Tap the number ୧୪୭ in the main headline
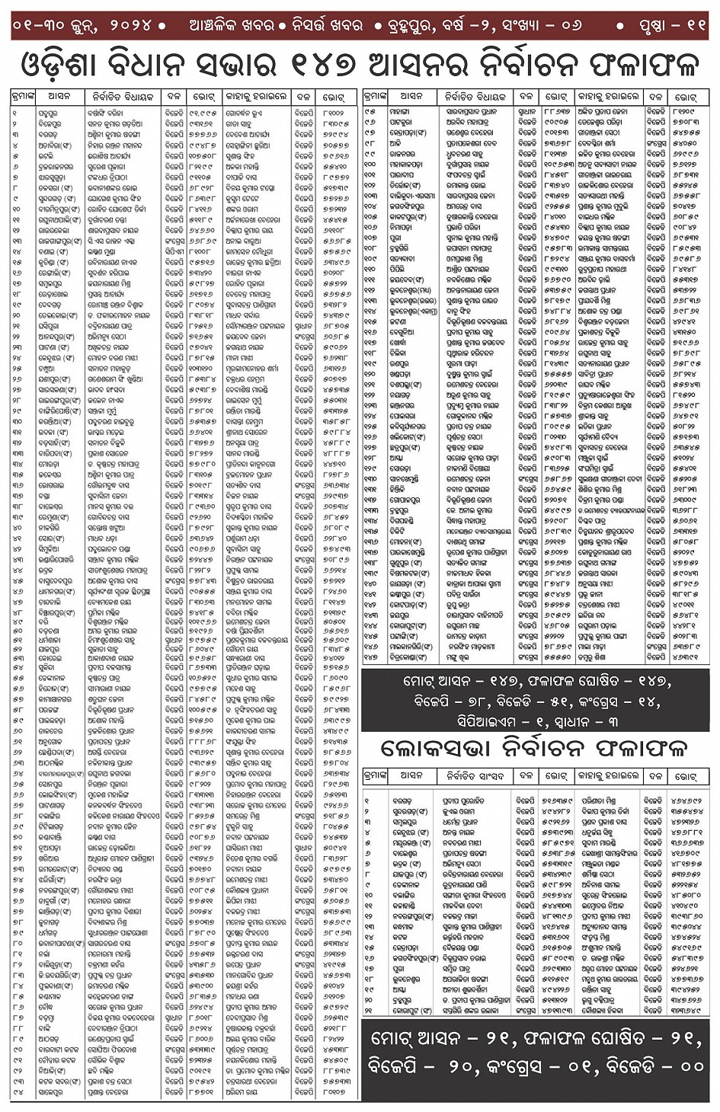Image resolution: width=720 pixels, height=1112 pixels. [323, 65]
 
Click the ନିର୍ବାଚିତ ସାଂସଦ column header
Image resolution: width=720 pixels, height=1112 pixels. [472, 776]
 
